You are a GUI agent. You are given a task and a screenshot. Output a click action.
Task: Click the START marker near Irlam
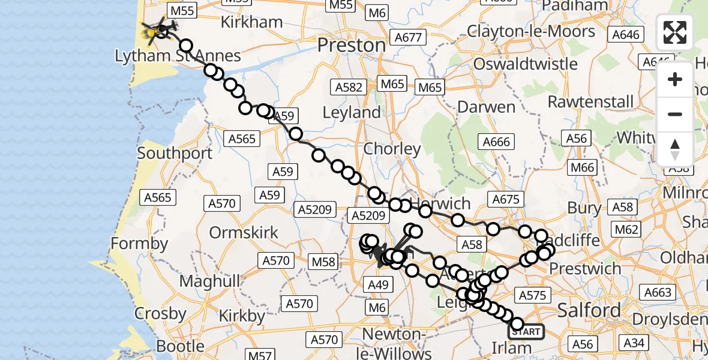pyautogui.click(x=526, y=331)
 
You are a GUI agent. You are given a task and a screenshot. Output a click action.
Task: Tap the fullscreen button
pyautogui.click(x=675, y=32)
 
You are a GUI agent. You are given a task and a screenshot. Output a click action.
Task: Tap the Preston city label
pyautogui.click(x=351, y=45)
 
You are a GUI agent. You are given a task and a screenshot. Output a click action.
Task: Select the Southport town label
pyautogui.click(x=175, y=153)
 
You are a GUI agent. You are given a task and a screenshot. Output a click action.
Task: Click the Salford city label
pyautogui.click(x=589, y=310)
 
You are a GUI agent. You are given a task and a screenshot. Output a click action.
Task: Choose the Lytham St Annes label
pyautogui.click(x=178, y=56)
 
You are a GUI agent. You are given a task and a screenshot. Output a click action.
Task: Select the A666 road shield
pyautogui.click(x=496, y=142)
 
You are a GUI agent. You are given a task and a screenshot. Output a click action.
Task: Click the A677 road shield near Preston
pyautogui.click(x=409, y=38)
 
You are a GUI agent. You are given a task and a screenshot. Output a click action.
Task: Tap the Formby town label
pyautogui.click(x=140, y=244)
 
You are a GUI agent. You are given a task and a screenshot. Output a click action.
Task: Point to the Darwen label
pyautogui.click(x=486, y=107)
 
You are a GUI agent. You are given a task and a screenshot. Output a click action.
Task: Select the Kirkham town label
pyautogui.click(x=251, y=22)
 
